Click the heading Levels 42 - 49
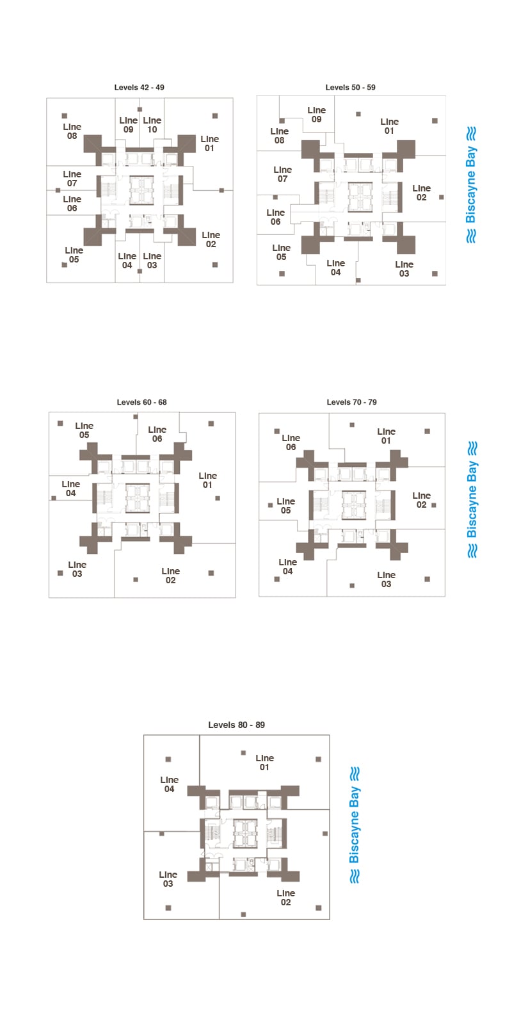(x=139, y=87)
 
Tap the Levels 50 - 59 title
(x=350, y=87)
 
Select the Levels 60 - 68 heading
(x=141, y=402)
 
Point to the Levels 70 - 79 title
(x=351, y=402)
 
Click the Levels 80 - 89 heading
(x=236, y=725)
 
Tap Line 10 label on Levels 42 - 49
(x=152, y=125)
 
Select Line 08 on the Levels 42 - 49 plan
(x=72, y=131)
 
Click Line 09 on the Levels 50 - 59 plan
(x=316, y=115)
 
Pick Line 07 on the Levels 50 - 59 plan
(x=283, y=174)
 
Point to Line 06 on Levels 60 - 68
(x=157, y=434)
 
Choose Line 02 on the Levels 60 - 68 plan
(x=170, y=576)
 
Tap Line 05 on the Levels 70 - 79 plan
(x=285, y=506)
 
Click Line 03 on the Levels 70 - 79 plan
(x=386, y=579)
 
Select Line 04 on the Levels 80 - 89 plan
(x=169, y=784)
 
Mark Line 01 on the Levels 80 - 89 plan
(x=264, y=763)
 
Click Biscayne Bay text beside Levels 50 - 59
(x=471, y=184)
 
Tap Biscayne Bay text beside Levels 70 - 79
(x=472, y=499)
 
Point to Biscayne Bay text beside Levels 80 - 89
(x=355, y=825)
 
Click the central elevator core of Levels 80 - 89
(x=245, y=833)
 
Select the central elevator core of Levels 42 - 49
(x=141, y=190)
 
